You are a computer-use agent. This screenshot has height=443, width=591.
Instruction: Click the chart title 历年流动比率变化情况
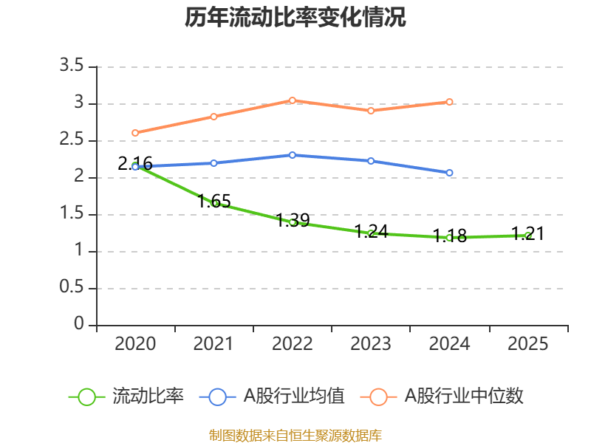(x=295, y=18)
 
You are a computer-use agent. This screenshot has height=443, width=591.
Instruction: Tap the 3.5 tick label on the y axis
(x=72, y=66)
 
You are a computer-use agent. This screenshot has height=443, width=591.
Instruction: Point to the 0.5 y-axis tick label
(x=72, y=288)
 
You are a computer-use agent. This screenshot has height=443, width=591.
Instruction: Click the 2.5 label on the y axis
(x=72, y=140)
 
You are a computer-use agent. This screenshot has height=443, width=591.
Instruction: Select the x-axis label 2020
(x=136, y=344)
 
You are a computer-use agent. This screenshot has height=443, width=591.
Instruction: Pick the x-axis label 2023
(x=371, y=344)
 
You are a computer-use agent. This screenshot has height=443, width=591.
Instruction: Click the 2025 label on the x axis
(x=528, y=344)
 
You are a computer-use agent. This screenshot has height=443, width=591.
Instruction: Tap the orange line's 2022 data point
(x=293, y=100)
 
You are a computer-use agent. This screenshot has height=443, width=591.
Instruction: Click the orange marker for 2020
(x=135, y=133)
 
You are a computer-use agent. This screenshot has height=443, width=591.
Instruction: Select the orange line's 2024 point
(x=449, y=102)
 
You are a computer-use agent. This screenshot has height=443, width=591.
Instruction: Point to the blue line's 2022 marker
(x=293, y=155)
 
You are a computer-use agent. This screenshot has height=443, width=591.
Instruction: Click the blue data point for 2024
(x=449, y=173)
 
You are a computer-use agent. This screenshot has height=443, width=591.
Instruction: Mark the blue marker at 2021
(x=214, y=162)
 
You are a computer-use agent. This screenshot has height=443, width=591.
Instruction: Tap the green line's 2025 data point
(x=527, y=236)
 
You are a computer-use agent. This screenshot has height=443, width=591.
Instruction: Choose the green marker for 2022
(x=293, y=221)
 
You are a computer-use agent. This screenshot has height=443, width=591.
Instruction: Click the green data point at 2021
(x=214, y=202)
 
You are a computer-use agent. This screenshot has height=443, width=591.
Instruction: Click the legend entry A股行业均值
(x=273, y=396)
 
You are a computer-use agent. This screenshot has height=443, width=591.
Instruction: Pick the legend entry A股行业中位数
(x=443, y=396)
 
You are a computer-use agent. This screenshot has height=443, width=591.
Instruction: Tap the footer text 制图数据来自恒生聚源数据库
(x=295, y=435)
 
